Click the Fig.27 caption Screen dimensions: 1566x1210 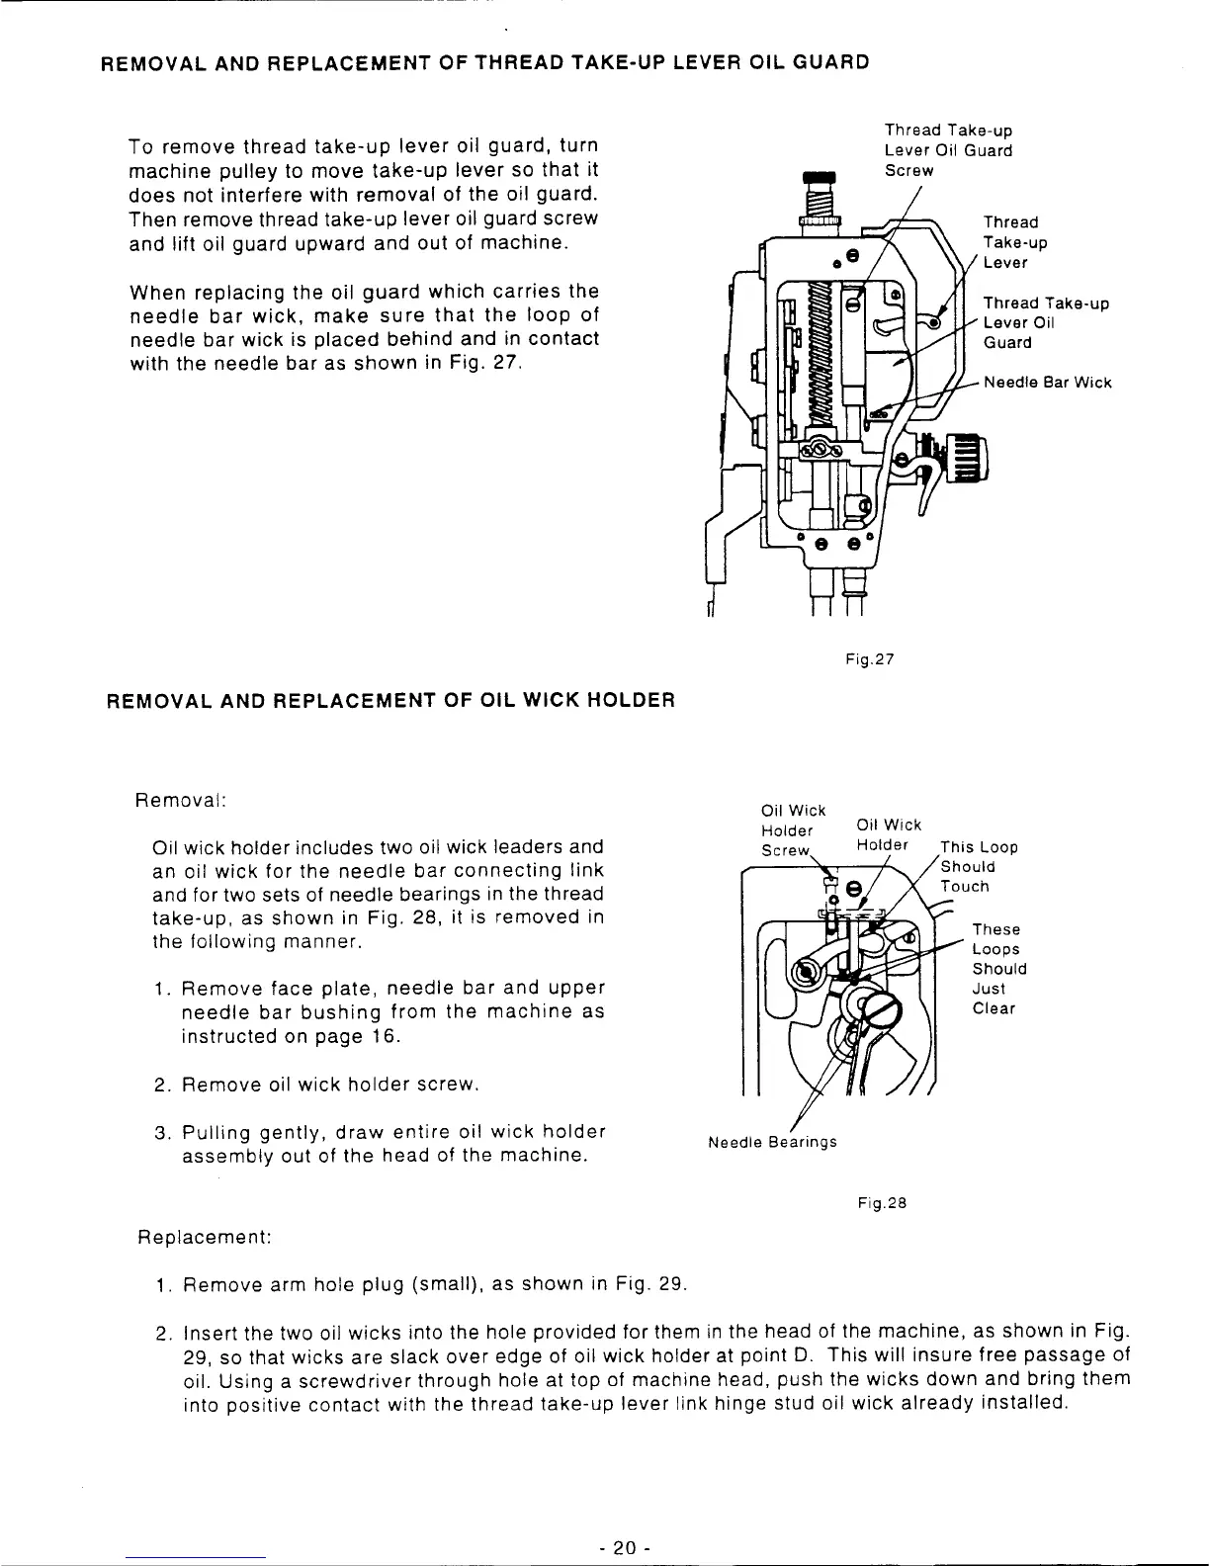point(870,656)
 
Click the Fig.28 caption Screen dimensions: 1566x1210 point(882,1203)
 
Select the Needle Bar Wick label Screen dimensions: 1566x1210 point(1048,383)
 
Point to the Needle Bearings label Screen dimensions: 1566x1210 point(772,1142)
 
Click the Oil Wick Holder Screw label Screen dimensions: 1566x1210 point(787,830)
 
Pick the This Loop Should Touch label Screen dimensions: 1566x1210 point(978,866)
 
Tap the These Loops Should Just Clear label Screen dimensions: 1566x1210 point(998,969)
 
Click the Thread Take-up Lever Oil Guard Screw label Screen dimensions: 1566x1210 point(947,150)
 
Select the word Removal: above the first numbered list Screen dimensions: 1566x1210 point(181,798)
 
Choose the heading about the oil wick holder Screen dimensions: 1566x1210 point(390,701)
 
